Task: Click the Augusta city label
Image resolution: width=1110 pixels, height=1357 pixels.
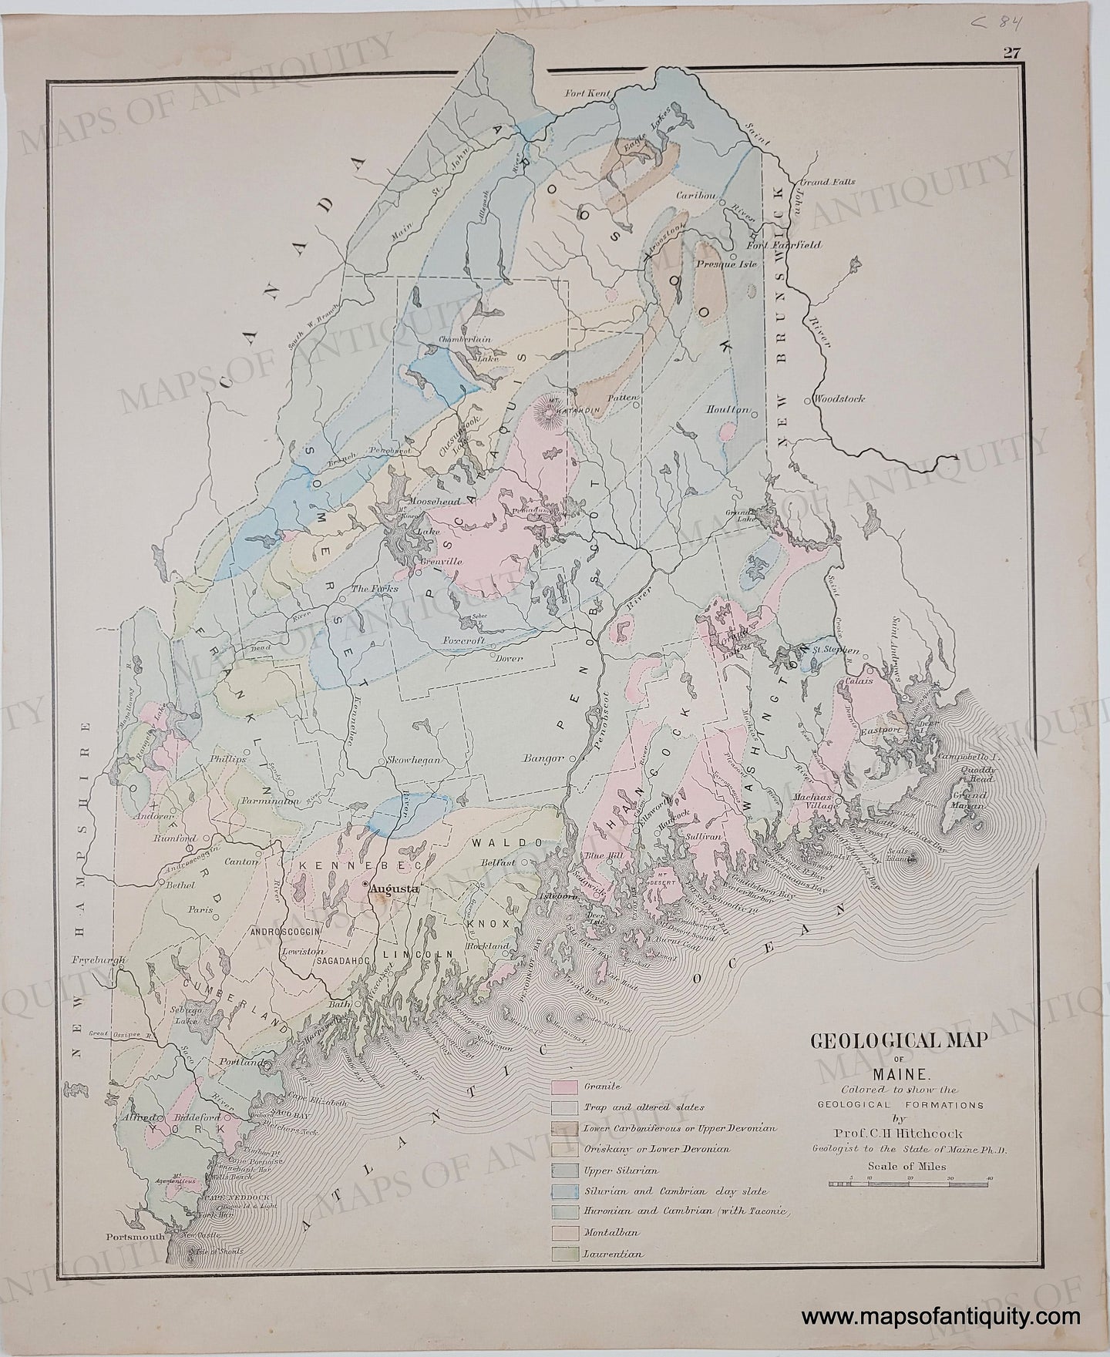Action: pos(394,888)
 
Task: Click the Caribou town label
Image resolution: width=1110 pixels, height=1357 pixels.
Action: pos(696,196)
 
